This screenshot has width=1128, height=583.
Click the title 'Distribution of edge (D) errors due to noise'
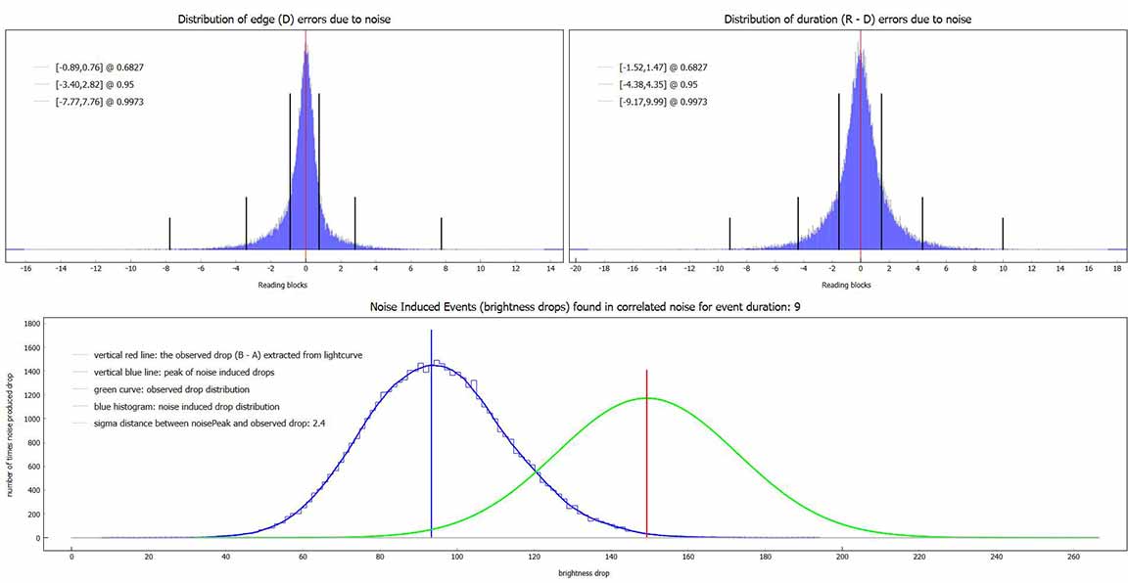coord(284,20)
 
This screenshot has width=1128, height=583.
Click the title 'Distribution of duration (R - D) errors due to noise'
coord(847,20)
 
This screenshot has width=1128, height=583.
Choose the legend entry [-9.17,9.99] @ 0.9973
coord(663,102)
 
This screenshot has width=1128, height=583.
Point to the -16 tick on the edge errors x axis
coord(25,268)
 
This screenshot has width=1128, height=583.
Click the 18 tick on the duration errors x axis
coord(1116,268)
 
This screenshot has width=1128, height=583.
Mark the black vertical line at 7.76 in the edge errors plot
coord(442,233)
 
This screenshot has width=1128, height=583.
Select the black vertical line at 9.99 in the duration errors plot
coord(1003,233)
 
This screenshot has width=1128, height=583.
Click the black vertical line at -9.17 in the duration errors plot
coord(729,233)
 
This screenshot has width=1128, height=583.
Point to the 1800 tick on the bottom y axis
coord(32,323)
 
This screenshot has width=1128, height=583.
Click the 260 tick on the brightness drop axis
coord(1073,559)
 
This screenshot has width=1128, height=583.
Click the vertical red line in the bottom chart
coord(647,460)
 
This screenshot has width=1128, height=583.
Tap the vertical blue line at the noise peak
coord(431,440)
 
